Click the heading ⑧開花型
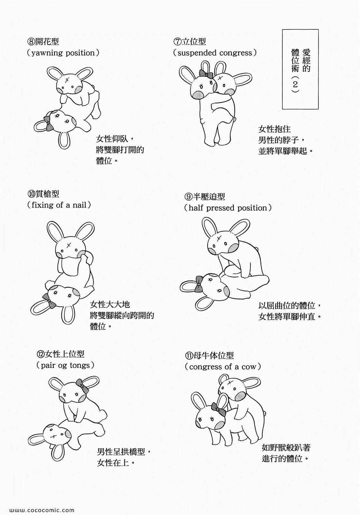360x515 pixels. point(43,42)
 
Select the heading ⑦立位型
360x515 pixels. point(190,42)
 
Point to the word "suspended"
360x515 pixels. point(195,53)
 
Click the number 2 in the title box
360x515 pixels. point(295,85)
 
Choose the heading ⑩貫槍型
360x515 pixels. point(43,194)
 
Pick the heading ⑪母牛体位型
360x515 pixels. point(209,356)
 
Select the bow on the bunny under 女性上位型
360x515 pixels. point(82,386)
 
